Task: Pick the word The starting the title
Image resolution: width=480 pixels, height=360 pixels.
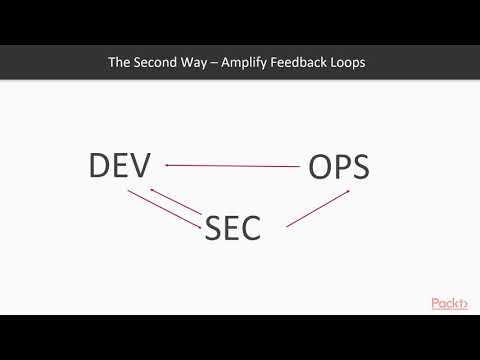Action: (120, 62)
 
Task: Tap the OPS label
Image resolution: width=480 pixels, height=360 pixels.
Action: (339, 167)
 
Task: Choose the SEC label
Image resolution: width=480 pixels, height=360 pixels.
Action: (232, 228)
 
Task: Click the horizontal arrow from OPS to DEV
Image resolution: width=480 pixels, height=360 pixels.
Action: (232, 165)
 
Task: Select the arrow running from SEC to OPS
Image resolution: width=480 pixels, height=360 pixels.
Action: (318, 207)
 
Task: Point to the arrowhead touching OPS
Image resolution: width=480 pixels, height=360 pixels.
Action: (346, 190)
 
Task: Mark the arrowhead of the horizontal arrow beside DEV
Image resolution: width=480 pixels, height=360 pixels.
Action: (169, 165)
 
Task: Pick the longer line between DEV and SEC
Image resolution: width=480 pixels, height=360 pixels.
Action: (163, 210)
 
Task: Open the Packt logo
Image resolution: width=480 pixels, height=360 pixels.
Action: (449, 303)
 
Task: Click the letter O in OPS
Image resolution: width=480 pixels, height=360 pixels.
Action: (317, 167)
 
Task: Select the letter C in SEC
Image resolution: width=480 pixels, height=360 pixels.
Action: (250, 228)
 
